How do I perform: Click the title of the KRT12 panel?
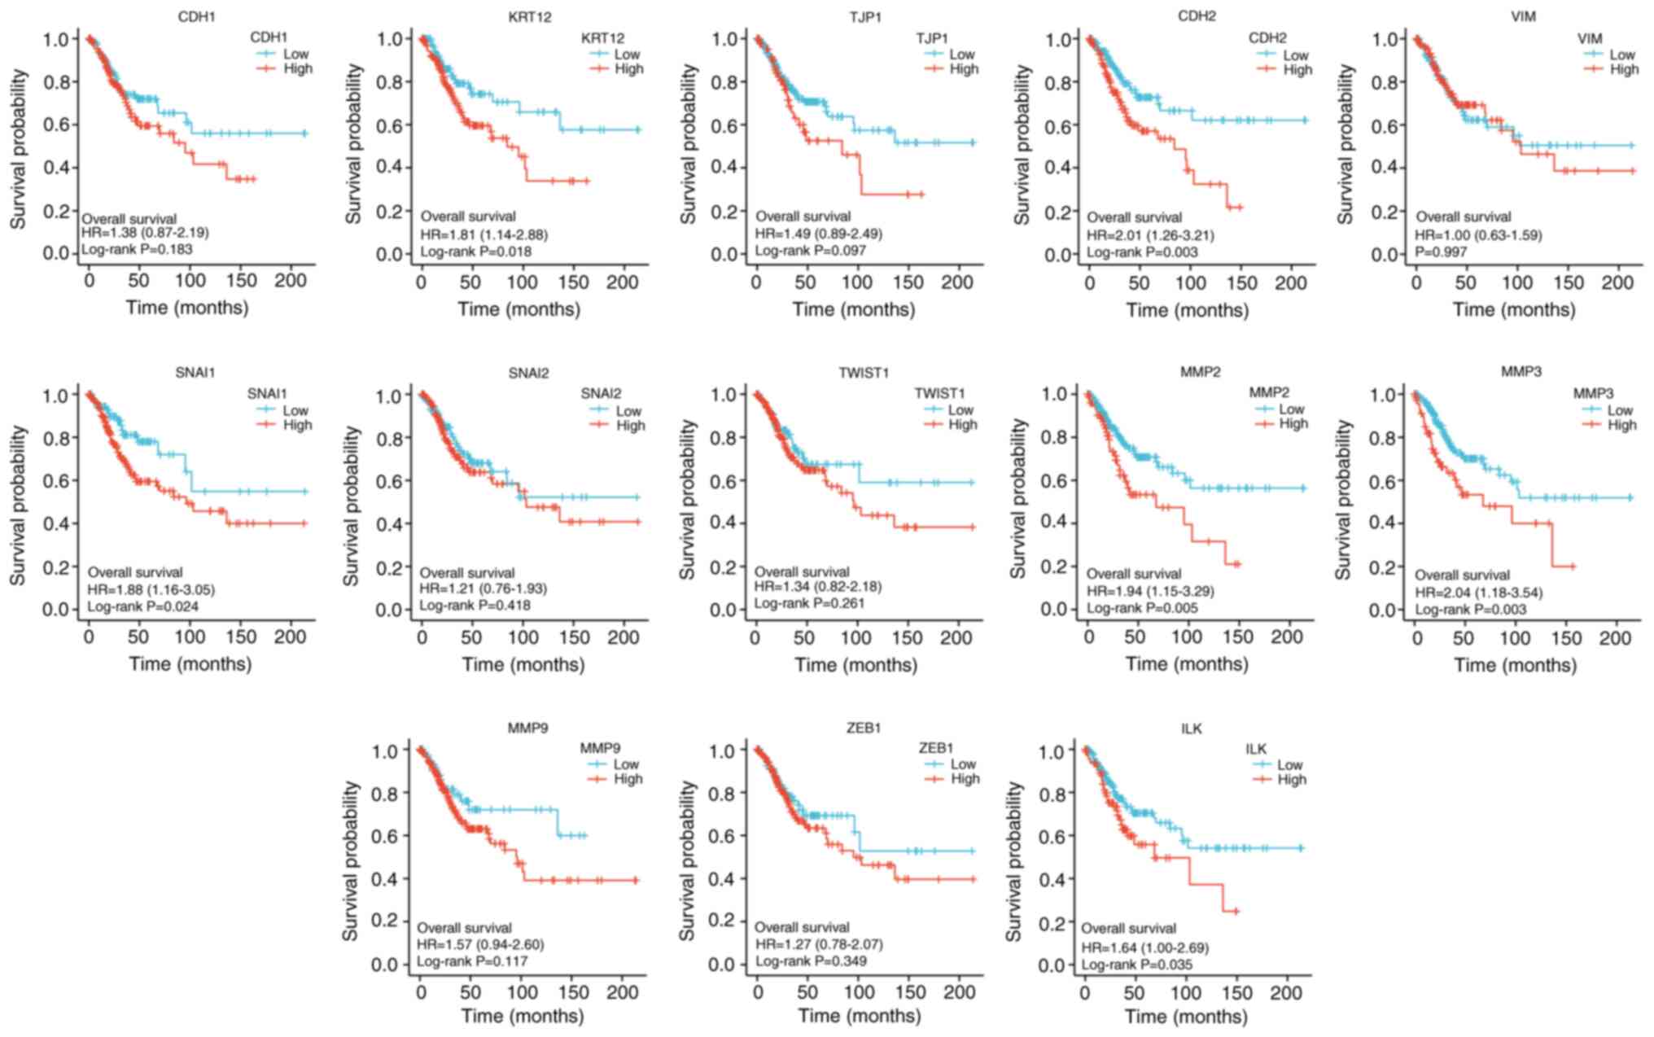tap(529, 16)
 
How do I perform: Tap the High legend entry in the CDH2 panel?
tap(1297, 70)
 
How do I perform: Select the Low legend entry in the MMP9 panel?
tap(626, 764)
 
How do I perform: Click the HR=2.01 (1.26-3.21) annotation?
tap(1150, 235)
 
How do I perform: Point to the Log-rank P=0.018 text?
tap(475, 252)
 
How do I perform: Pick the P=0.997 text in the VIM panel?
tap(1441, 252)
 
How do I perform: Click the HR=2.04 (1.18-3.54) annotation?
tap(1478, 593)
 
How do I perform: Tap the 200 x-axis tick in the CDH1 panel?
tap(291, 281)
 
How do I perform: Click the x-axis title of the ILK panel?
tap(1186, 1017)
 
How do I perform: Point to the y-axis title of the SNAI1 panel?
tap(18, 505)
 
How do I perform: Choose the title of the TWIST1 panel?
tap(864, 373)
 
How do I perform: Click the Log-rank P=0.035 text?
tap(1136, 965)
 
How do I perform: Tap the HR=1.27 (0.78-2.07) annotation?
tap(818, 945)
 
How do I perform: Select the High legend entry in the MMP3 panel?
tap(1621, 425)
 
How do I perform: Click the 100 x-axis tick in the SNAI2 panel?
tap(523, 637)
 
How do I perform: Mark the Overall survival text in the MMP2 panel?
tap(1134, 574)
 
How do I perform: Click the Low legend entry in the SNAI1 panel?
tap(295, 410)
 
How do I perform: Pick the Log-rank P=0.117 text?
tap(472, 961)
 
